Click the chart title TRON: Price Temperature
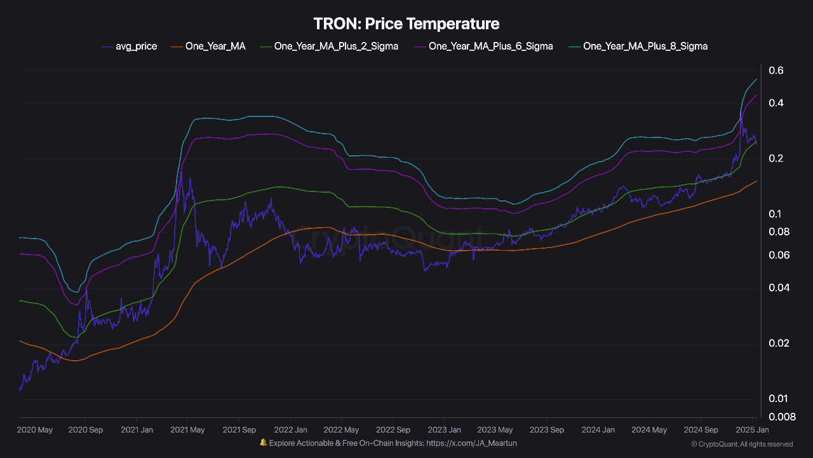pyautogui.click(x=406, y=24)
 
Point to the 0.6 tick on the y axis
pyautogui.click(x=776, y=71)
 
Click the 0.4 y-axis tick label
pyautogui.click(x=776, y=103)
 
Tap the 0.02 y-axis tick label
pyautogui.click(x=779, y=343)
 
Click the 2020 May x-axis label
pyautogui.click(x=35, y=430)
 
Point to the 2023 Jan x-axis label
pyautogui.click(x=444, y=430)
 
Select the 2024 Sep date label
pyautogui.click(x=701, y=430)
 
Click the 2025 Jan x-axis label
pyautogui.click(x=753, y=430)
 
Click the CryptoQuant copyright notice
pyautogui.click(x=741, y=444)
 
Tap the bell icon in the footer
pyautogui.click(x=263, y=443)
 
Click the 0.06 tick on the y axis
pyautogui.click(x=779, y=255)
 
